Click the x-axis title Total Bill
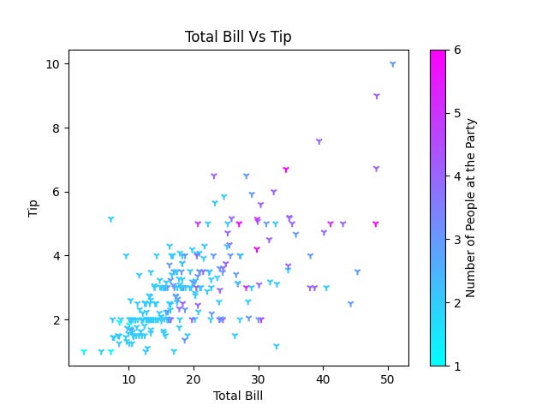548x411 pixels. point(238,396)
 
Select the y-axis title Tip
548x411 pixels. point(33,208)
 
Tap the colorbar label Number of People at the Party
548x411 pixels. point(471,208)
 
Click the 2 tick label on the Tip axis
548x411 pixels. point(56,320)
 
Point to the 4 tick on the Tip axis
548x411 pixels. point(56,256)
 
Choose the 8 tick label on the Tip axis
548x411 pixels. point(56,128)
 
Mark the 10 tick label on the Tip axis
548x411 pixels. point(52,64)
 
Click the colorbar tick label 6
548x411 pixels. point(456,50)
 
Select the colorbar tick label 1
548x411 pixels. point(456,366)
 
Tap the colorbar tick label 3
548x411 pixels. point(456,240)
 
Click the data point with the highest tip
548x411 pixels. point(392,64)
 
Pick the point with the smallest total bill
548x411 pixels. point(83,351)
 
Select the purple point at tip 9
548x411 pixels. point(377,96)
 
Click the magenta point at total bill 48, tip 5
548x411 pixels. point(375,223)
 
